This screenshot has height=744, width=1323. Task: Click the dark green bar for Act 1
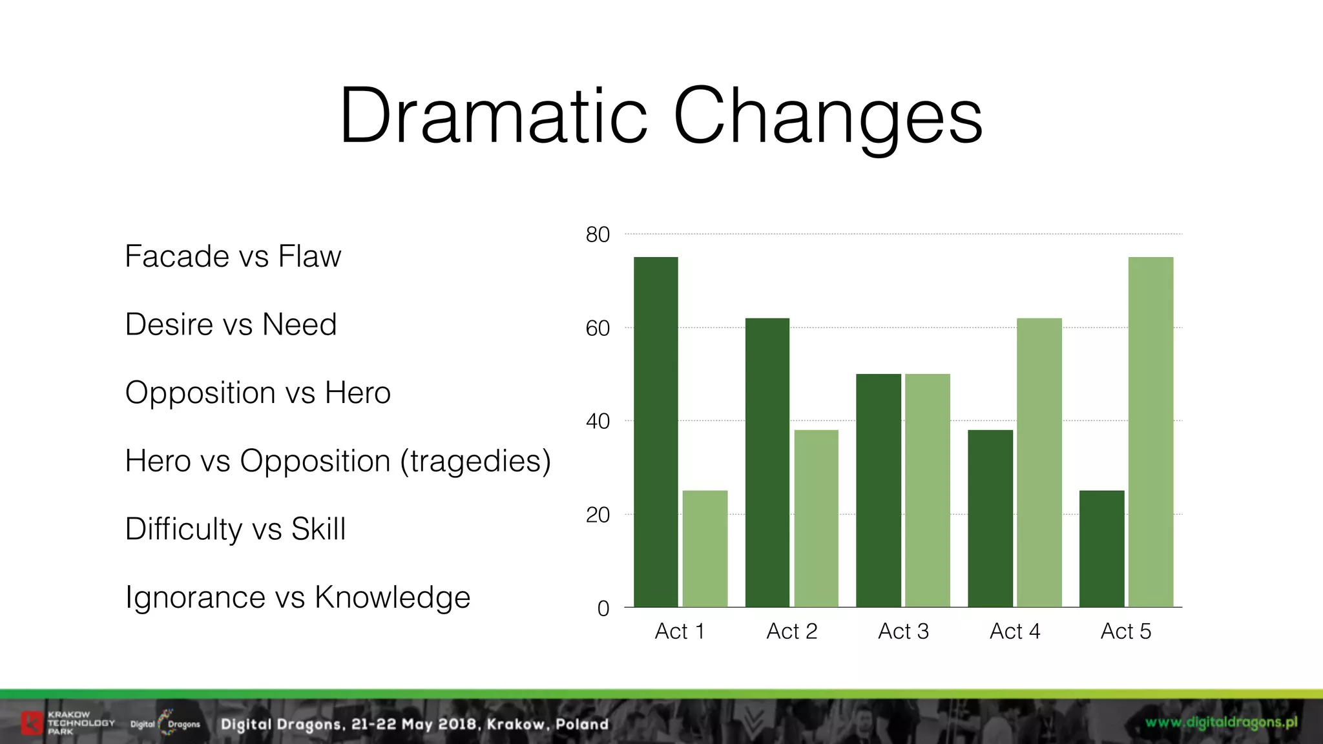tap(656, 432)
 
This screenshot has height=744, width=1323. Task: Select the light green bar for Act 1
tap(705, 549)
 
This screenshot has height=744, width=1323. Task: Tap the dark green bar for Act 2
tap(767, 462)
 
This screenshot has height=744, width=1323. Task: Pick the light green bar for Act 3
tap(928, 490)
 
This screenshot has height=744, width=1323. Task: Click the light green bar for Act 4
tap(1039, 462)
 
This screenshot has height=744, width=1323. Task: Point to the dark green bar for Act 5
tap(1102, 549)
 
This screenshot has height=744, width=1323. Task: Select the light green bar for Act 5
tap(1151, 432)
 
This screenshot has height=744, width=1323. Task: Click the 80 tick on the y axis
tap(598, 234)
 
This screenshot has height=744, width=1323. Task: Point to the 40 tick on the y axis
tap(598, 421)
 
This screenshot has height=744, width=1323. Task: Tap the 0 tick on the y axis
tap(603, 608)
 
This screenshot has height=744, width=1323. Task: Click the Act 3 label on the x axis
tap(903, 631)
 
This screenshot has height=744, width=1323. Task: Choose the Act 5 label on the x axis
tap(1126, 631)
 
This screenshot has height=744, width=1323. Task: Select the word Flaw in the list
tap(309, 256)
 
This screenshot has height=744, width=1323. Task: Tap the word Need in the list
tap(299, 324)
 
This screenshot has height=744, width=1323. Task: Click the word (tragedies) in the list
tap(475, 461)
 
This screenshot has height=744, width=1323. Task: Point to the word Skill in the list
tap(318, 529)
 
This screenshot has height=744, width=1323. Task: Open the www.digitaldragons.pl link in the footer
tap(1222, 723)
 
